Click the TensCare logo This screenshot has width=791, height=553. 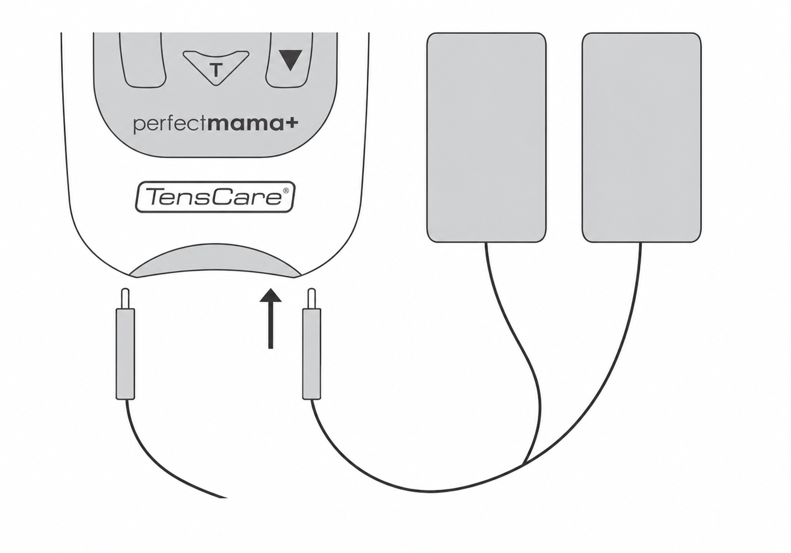pyautogui.click(x=215, y=197)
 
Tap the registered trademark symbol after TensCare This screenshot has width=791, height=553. pyautogui.click(x=286, y=190)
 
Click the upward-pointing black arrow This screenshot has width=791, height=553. pyautogui.click(x=271, y=318)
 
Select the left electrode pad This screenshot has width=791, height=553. pyautogui.click(x=486, y=138)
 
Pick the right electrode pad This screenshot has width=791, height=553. pyautogui.click(x=642, y=138)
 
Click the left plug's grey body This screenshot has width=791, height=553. pyautogui.click(x=126, y=354)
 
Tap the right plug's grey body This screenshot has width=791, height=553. pyautogui.click(x=311, y=354)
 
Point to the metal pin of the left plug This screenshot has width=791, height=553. pyautogui.click(x=125, y=298)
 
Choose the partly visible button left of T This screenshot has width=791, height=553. pyautogui.click(x=142, y=60)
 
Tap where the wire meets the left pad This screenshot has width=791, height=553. pyautogui.click(x=486, y=242)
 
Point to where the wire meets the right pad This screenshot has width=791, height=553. pyautogui.click(x=641, y=242)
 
